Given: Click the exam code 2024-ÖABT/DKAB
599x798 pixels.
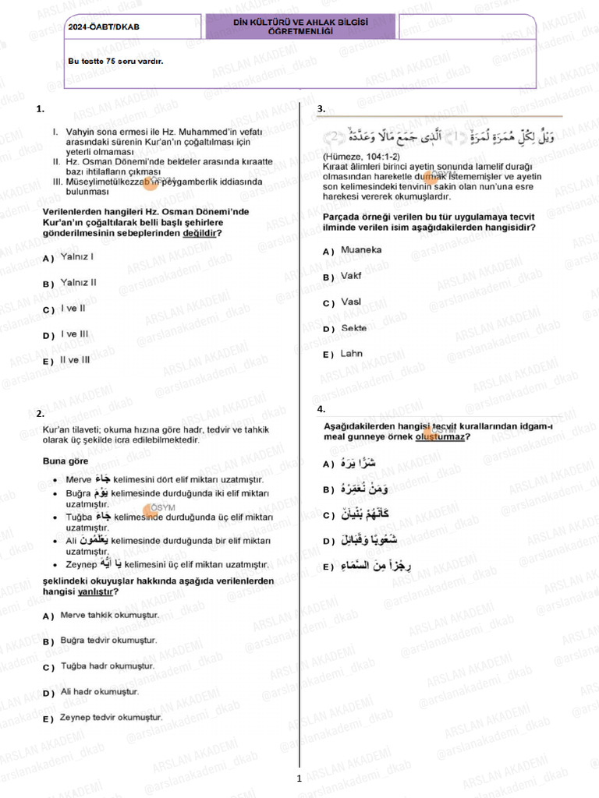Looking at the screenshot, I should tap(103, 26).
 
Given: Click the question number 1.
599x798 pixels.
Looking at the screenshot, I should tap(40, 110).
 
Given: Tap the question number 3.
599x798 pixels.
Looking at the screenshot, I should tap(321, 109).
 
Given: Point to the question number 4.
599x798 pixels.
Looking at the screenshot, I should tap(321, 409).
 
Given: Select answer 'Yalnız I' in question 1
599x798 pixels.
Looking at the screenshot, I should tap(77, 256).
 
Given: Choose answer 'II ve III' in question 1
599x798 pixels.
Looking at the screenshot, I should tap(75, 360).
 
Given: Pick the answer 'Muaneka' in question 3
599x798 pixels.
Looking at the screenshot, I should tap(361, 250).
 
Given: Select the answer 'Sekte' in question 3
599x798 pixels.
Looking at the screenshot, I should tap(353, 328).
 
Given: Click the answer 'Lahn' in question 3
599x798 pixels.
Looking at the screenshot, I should tap(352, 354).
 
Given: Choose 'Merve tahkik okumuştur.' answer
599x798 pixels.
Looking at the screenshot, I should tap(109, 615).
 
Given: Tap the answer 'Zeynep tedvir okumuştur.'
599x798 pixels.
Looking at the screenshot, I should tap(111, 717).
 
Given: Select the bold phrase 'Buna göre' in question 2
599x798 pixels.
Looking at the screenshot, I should tap(66, 461).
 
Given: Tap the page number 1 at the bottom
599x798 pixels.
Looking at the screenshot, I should tap(299, 778).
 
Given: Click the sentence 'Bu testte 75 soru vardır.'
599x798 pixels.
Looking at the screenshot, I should tap(115, 60).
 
